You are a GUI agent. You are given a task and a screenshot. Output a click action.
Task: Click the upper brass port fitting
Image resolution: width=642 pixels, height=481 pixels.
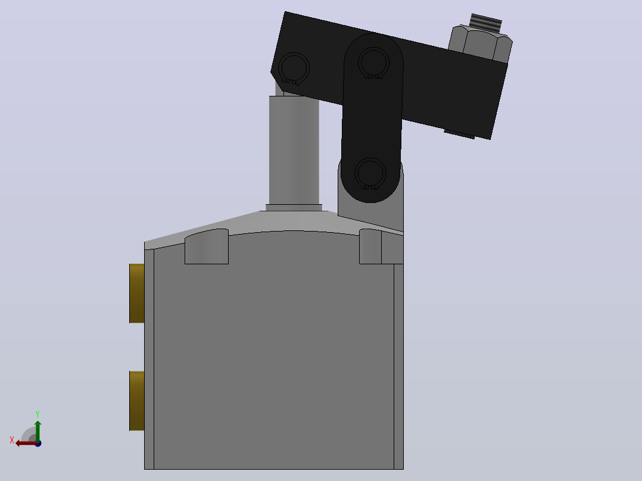pyautogui.click(x=137, y=293)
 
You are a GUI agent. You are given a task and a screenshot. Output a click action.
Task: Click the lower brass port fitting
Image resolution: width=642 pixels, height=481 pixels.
pyautogui.click(x=137, y=401)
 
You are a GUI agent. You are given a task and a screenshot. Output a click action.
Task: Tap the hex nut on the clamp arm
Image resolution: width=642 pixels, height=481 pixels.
pyautogui.click(x=480, y=44)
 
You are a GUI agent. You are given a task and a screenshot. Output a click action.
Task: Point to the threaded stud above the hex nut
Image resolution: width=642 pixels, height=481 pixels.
pyautogui.click(x=486, y=23)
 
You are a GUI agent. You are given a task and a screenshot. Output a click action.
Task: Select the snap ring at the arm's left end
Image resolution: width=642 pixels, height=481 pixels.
pyautogui.click(x=294, y=68)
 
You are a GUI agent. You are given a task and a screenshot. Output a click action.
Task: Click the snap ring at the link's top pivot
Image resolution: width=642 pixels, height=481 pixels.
pyautogui.click(x=373, y=63)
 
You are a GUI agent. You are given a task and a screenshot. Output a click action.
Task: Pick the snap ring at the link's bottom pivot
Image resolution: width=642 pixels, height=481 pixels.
pyautogui.click(x=370, y=174)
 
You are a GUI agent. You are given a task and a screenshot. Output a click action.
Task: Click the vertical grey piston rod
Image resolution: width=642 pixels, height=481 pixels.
pyautogui.click(x=294, y=150)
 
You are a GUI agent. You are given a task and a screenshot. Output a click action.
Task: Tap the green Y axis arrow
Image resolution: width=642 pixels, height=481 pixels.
pyautogui.click(x=38, y=430)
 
